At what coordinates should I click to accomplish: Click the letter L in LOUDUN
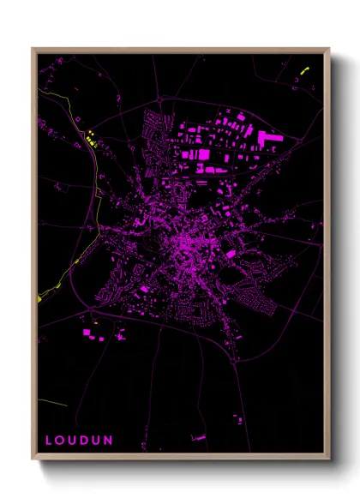pos(50,441)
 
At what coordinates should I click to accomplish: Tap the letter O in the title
pos(63,441)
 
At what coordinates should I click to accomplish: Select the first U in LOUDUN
pos(75,441)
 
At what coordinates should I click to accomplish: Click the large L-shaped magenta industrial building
pos(269,138)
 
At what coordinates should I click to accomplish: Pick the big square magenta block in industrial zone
pos(202,154)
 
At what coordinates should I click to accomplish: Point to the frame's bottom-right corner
pos(328,460)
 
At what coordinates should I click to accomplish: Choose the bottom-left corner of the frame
pos(33,460)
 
